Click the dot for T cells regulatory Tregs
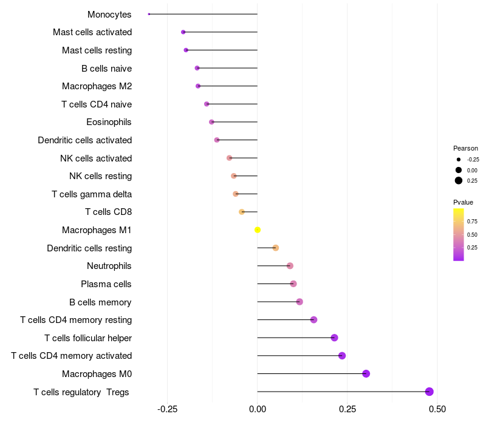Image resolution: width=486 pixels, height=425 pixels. click(x=429, y=392)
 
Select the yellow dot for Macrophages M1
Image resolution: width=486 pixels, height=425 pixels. click(x=258, y=230)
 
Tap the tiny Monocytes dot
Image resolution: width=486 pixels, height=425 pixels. click(x=149, y=14)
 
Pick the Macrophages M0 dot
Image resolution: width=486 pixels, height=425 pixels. click(x=366, y=373)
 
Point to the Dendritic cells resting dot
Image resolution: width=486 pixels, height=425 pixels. click(x=275, y=248)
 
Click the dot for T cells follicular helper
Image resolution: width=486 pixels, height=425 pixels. click(x=334, y=338)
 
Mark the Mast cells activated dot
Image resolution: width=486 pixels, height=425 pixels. click(x=183, y=32)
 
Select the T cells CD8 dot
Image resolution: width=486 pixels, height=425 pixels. click(x=242, y=212)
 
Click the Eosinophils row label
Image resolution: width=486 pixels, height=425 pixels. click(x=109, y=122)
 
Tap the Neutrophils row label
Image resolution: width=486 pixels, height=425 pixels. click(x=109, y=266)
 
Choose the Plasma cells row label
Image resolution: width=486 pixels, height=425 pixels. click(x=106, y=284)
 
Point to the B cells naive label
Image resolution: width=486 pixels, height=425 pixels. click(x=106, y=69)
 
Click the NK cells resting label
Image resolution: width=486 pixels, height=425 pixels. click(x=100, y=176)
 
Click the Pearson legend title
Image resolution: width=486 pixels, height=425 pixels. click(x=465, y=148)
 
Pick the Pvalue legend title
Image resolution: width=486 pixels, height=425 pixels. click(x=463, y=202)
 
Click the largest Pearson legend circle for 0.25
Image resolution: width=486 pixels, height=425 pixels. click(x=459, y=180)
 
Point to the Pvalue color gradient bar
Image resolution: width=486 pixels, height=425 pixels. click(x=459, y=234)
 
